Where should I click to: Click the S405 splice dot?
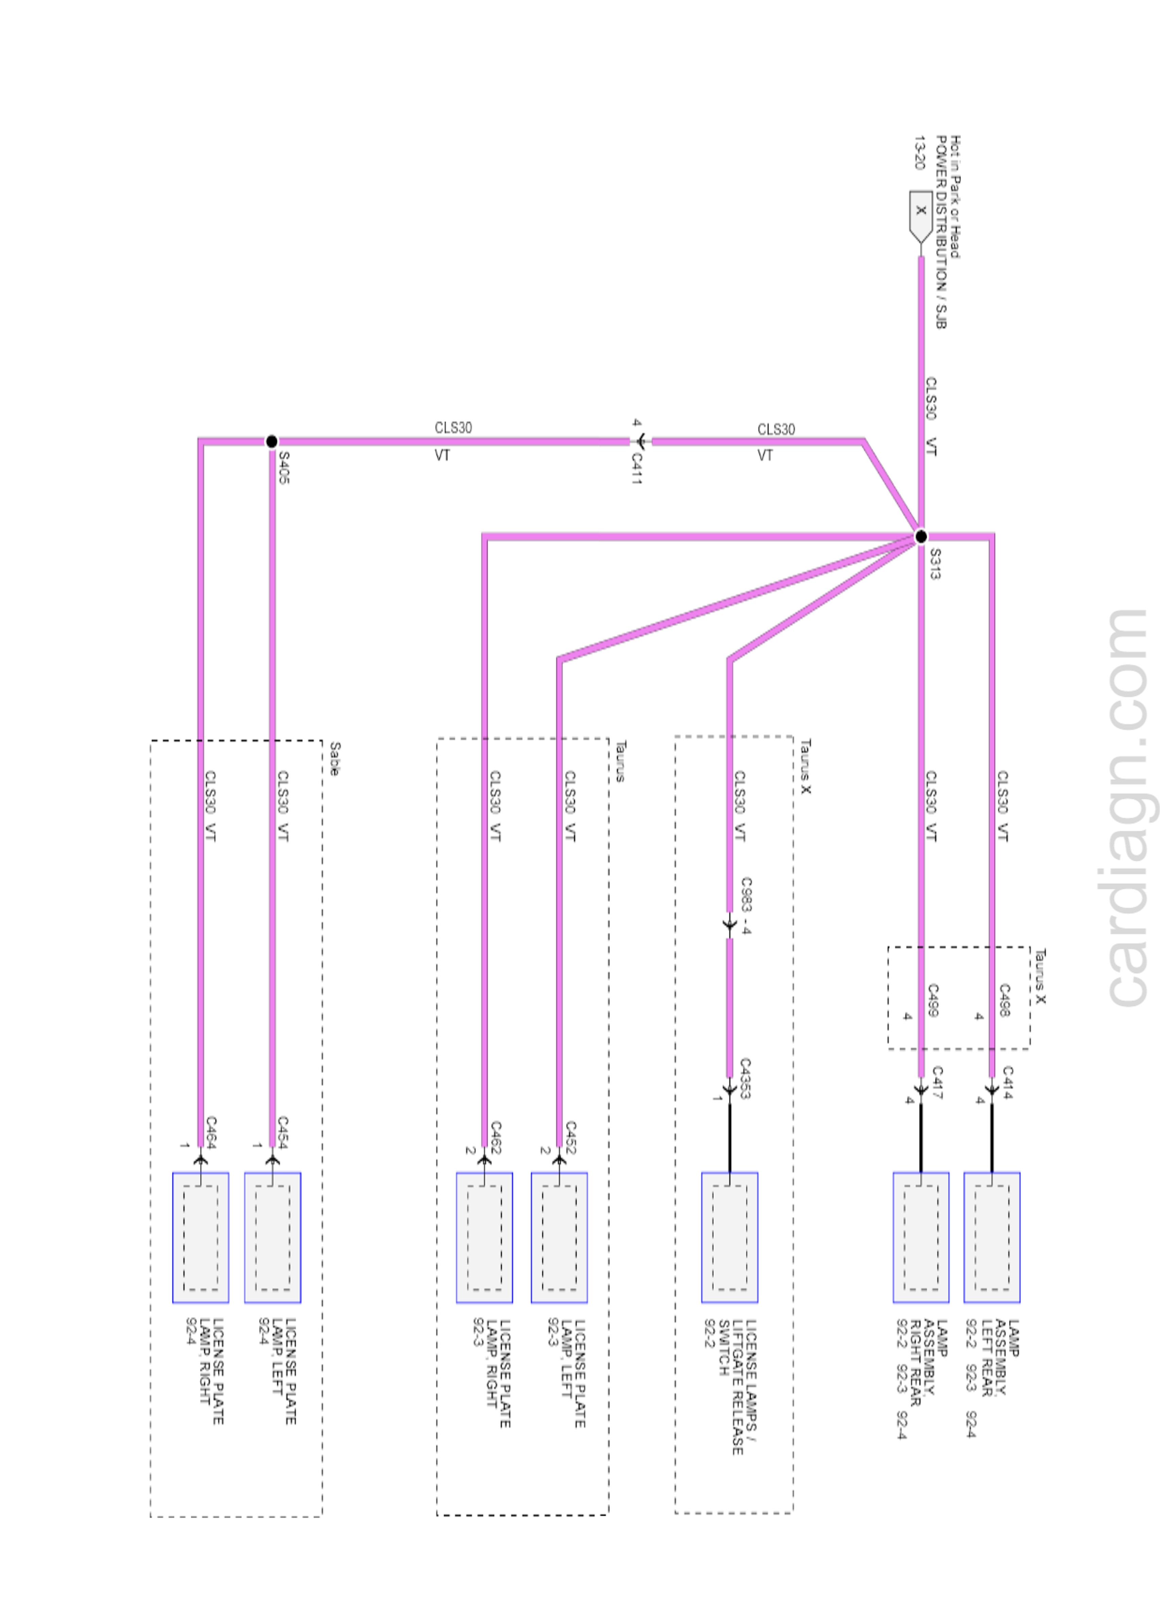[271, 442]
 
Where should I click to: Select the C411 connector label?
[636, 469]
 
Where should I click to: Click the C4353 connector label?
[745, 1078]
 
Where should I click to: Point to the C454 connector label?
[282, 1132]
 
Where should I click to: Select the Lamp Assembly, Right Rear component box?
[921, 1237]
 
